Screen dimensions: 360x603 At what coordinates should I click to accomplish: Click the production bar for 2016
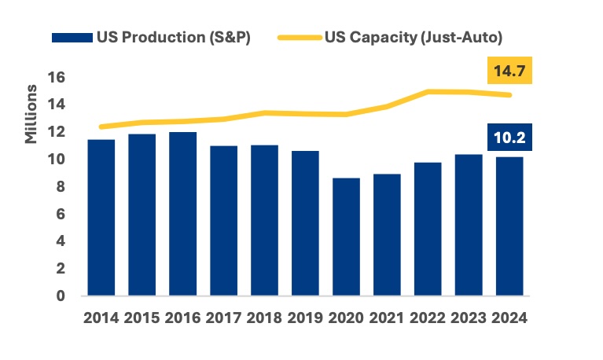tap(183, 214)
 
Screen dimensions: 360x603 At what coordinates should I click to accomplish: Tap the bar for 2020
tap(346, 237)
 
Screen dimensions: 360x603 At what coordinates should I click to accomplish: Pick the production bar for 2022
tap(427, 229)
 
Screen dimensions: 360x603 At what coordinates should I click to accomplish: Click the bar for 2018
tap(264, 220)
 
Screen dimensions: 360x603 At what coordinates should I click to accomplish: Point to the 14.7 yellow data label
tap(509, 73)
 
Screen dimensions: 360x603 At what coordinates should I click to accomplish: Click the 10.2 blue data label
tap(509, 139)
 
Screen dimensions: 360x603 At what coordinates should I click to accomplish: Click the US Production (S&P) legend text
tap(173, 37)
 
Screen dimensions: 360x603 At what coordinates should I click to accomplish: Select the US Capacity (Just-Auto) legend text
tap(414, 37)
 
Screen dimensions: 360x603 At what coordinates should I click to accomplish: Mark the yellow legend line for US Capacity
tap(300, 38)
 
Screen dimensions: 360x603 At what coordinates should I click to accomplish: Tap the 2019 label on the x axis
tap(305, 318)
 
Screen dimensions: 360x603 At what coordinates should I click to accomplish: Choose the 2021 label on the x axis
tap(386, 318)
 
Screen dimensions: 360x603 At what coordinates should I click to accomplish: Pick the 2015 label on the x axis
tap(142, 318)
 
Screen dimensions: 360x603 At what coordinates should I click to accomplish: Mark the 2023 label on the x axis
tap(468, 318)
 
